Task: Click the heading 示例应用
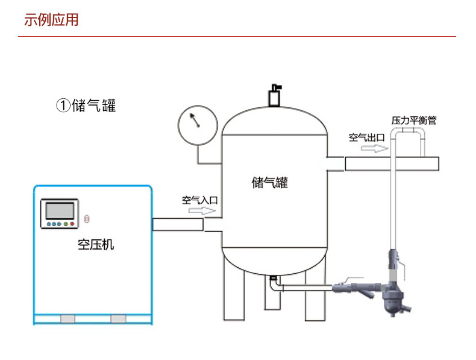[x=51, y=20]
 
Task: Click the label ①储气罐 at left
[x=86, y=106]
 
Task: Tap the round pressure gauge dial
[x=197, y=125]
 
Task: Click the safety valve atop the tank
[x=275, y=96]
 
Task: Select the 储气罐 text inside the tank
[x=269, y=182]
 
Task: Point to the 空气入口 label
[x=199, y=200]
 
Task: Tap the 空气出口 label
[x=366, y=137]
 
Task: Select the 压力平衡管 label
[x=414, y=121]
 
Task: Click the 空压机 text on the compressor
[x=96, y=245]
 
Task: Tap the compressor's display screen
[x=59, y=211]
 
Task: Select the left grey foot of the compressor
[x=67, y=318]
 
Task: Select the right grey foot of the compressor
[x=119, y=318]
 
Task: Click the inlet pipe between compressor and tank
[x=178, y=224]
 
